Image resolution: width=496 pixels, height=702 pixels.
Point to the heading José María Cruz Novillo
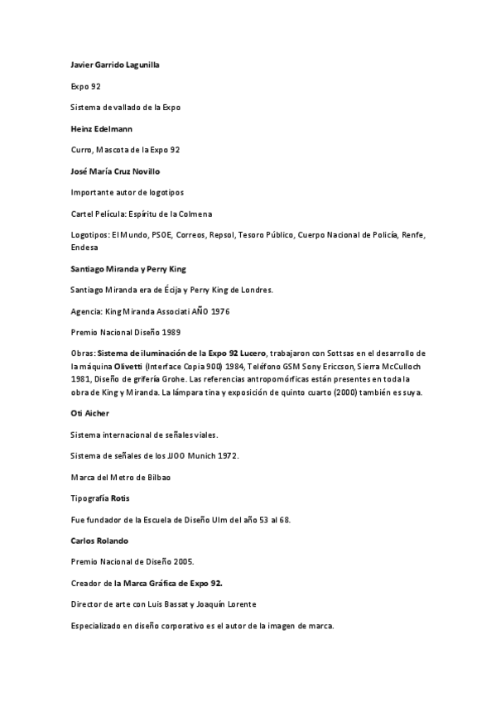(x=115, y=171)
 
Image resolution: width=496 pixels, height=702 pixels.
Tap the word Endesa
(x=84, y=247)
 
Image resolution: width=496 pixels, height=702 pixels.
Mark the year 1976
(x=219, y=310)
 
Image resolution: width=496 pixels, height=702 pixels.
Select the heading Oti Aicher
(x=89, y=411)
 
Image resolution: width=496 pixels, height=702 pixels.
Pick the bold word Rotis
(x=118, y=498)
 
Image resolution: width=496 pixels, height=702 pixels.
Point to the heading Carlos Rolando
(x=99, y=541)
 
